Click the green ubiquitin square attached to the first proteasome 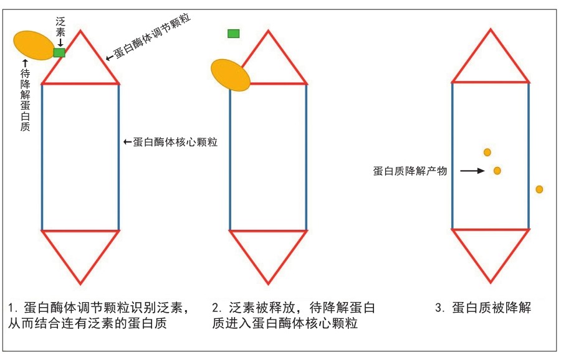(x=59, y=52)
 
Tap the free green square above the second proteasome (x=234, y=33)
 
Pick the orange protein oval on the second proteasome (x=231, y=75)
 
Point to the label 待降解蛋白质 (x=25, y=100)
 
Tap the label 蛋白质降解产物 (x=410, y=171)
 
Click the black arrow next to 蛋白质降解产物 (x=472, y=170)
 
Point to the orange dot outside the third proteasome (x=539, y=189)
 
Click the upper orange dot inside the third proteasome (x=487, y=152)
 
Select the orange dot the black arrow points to (x=497, y=171)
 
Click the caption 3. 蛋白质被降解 (x=483, y=307)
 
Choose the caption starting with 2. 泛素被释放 (x=293, y=316)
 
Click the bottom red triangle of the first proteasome (x=80, y=252)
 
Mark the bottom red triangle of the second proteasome (x=269, y=252)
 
